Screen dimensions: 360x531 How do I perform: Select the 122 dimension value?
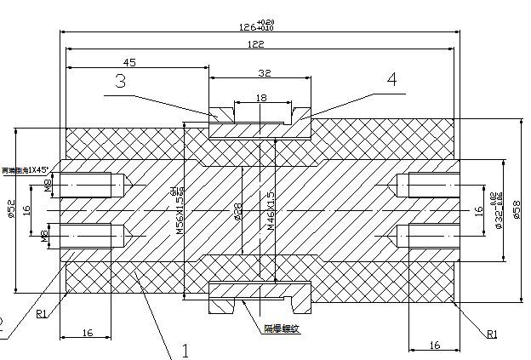pyautogui.click(x=255, y=43)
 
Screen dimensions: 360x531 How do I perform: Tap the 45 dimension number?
pyautogui.click(x=130, y=62)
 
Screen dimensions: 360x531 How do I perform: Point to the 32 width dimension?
pyautogui.click(x=265, y=73)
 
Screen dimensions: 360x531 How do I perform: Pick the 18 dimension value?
pyautogui.click(x=261, y=99)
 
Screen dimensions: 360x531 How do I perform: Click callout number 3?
pyautogui.click(x=121, y=81)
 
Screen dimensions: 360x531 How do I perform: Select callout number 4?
pyautogui.click(x=391, y=79)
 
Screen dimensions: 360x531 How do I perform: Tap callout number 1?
pyautogui.click(x=186, y=350)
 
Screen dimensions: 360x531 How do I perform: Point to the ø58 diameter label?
pyautogui.click(x=518, y=209)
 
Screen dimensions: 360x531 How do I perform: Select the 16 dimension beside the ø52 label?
pyautogui.click(x=26, y=209)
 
